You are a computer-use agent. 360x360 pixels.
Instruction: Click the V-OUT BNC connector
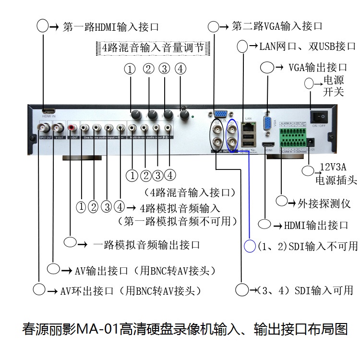pos(58,128)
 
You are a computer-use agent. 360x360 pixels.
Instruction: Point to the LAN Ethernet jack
pos(249,127)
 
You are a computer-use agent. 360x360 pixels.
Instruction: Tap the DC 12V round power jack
pos(310,143)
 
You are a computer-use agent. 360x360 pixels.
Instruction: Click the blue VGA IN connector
pos(221,114)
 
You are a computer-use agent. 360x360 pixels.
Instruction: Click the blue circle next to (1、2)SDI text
pos(250,246)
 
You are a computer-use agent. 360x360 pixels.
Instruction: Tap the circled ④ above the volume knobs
pos(180,69)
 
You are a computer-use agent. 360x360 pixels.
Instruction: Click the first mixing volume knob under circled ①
pos(136,115)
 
